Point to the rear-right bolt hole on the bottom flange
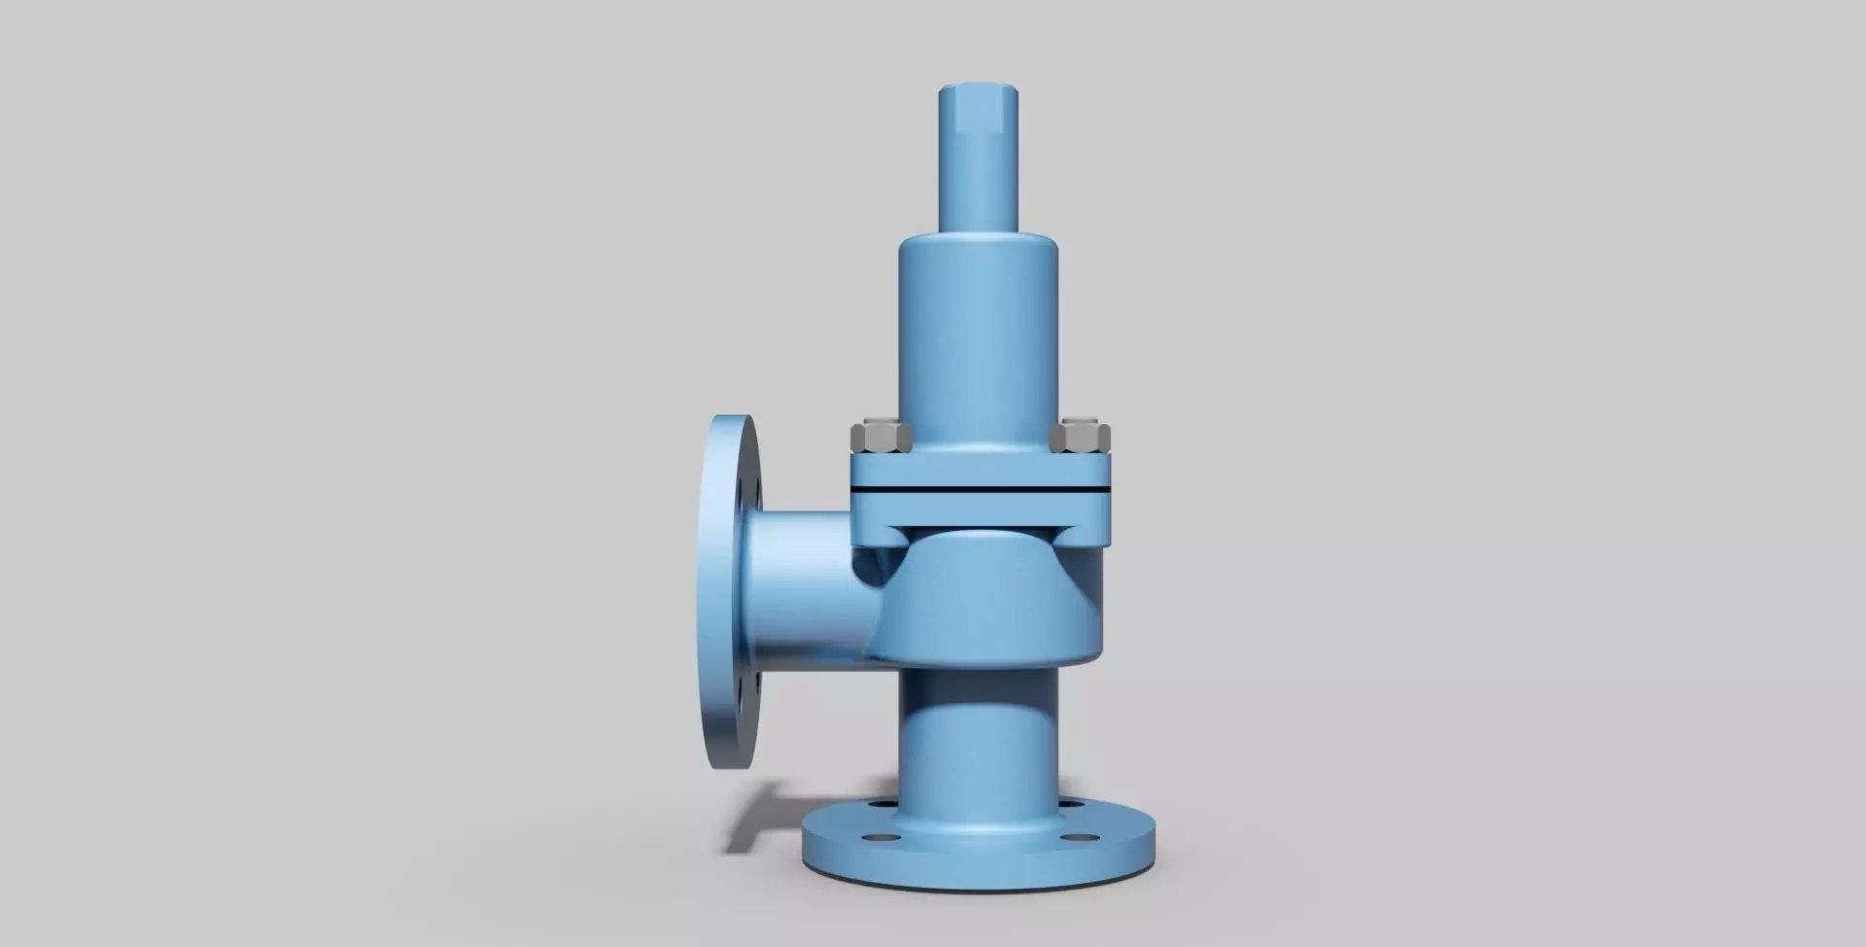[x=1073, y=805]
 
